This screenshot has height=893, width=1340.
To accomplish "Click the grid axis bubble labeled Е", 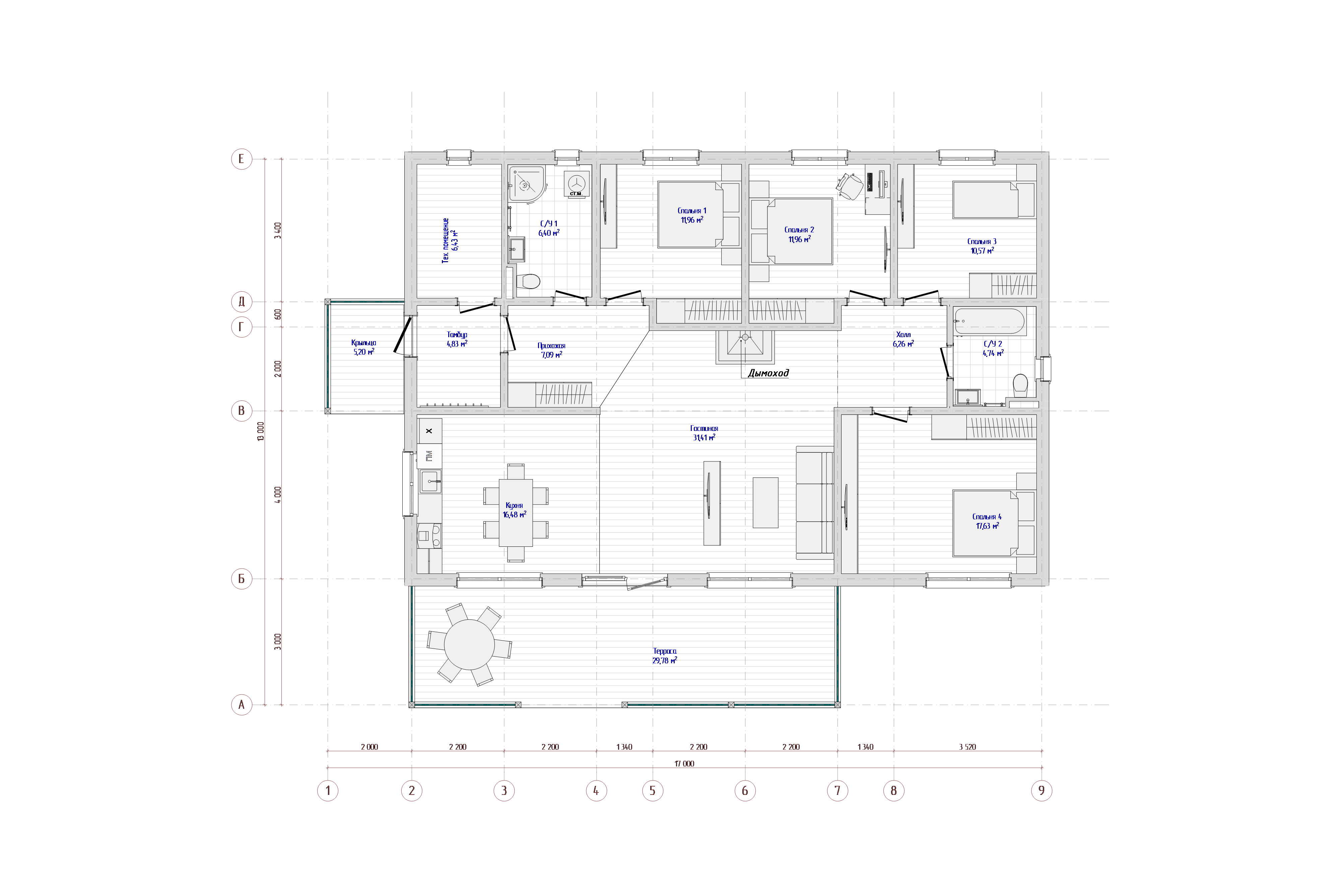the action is pos(242,159).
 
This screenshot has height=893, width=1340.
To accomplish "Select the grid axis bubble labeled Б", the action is pos(242,579).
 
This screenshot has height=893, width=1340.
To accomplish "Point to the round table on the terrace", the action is pos(469,645).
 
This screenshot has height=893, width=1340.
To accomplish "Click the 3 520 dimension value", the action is pos(967,747).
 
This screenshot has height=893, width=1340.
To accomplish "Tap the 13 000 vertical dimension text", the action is pos(261,431).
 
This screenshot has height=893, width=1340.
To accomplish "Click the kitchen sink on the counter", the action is pos(430,481).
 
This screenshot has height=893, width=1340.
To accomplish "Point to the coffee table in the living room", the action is pos(765,502).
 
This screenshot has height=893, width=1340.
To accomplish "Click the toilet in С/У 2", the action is pos(1020,386).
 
